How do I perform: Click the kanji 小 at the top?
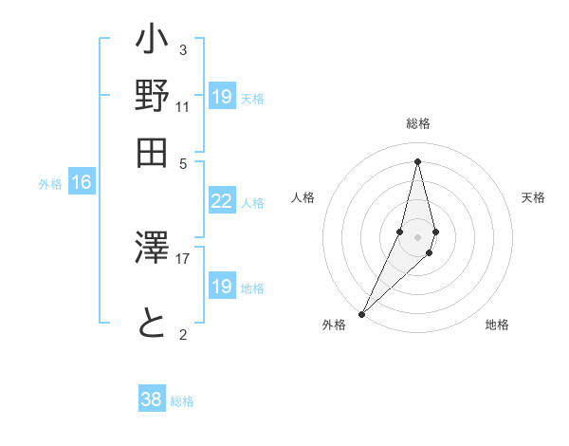coord(153,42)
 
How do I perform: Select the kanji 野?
coord(153,97)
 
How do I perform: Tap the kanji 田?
coord(153,152)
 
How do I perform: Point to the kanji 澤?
coord(153,250)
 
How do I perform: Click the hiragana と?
coord(153,323)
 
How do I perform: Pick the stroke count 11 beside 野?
coord(182,106)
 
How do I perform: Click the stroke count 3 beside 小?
coord(182,49)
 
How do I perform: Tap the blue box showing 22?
coord(221,201)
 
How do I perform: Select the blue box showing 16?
coord(82,183)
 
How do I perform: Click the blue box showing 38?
coord(151,400)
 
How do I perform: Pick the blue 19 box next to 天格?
coord(221,97)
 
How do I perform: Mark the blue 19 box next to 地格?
coord(221,287)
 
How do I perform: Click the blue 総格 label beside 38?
coord(182,401)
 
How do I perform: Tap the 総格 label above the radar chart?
coord(417,123)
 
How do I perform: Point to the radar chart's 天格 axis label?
coord(533,197)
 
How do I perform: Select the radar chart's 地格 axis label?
coord(497,325)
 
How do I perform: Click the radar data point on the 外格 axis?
coord(361,313)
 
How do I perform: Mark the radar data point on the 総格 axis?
coord(417,160)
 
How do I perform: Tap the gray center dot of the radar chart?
coord(417,236)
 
